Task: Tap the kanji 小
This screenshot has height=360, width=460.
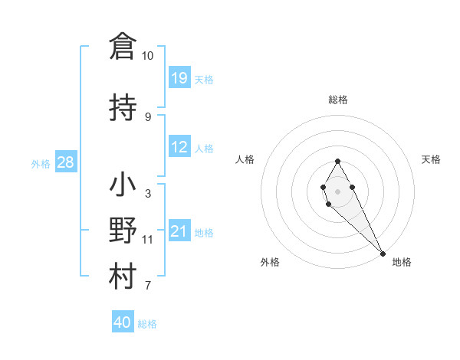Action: click(123, 185)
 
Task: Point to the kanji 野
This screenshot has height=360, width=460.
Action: click(123, 231)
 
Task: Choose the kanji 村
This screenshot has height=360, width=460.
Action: click(123, 277)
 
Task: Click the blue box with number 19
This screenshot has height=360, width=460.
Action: click(179, 78)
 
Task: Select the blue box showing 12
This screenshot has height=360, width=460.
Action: click(179, 147)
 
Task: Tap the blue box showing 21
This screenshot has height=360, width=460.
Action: click(179, 231)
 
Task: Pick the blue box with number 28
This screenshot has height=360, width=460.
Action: click(65, 162)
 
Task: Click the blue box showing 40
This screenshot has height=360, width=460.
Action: click(123, 322)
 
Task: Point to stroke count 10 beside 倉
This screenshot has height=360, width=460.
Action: click(148, 56)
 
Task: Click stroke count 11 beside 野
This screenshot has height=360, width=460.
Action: click(148, 240)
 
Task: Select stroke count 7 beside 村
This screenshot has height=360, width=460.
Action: click(148, 286)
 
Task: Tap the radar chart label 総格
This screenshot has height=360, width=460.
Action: click(338, 100)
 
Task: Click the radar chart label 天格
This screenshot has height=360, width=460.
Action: click(431, 159)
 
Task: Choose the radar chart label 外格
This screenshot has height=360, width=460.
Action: click(270, 262)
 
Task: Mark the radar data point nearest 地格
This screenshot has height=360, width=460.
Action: click(383, 253)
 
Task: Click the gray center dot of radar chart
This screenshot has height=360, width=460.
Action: click(338, 191)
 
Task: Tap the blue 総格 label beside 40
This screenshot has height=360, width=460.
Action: click(147, 324)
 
